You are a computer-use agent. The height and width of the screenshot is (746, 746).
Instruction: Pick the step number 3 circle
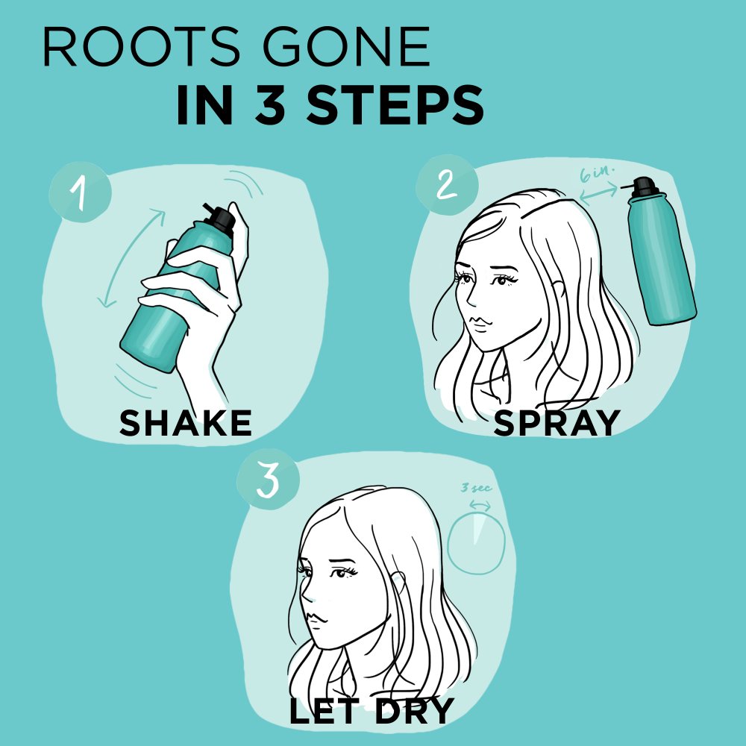pyautogui.click(x=267, y=482)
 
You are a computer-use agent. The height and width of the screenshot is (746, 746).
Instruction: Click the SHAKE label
pyautogui.click(x=186, y=423)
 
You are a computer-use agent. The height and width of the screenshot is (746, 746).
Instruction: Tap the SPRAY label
pyautogui.click(x=557, y=423)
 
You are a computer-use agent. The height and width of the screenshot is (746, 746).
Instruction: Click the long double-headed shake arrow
pyautogui.click(x=131, y=257)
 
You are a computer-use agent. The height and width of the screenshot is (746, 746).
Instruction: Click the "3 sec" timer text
pyautogui.click(x=476, y=489)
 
